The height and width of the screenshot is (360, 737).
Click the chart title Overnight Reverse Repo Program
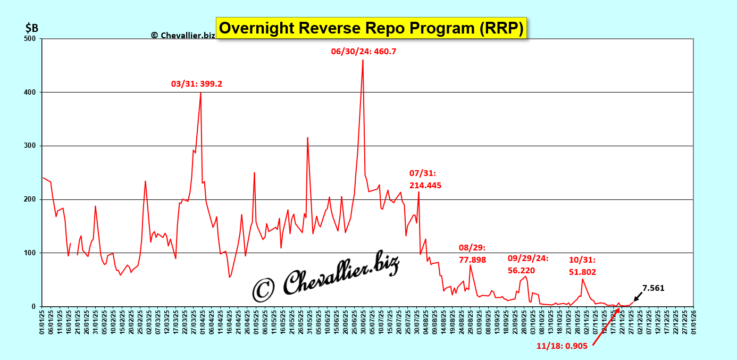(x=372, y=27)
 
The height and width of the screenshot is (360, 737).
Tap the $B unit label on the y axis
(x=31, y=27)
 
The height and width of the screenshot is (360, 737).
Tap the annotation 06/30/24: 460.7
(x=364, y=52)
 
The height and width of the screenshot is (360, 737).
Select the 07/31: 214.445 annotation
(x=425, y=179)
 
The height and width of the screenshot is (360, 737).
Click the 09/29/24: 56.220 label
(x=529, y=264)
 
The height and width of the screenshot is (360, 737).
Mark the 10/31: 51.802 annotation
(x=582, y=266)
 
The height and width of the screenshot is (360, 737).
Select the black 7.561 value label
(x=654, y=288)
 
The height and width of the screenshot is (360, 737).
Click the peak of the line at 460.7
(x=363, y=60)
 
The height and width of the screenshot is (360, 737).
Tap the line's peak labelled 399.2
(x=200, y=93)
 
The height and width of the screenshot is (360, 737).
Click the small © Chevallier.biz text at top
(x=183, y=35)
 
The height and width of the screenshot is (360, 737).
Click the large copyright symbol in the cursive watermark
(x=263, y=289)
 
